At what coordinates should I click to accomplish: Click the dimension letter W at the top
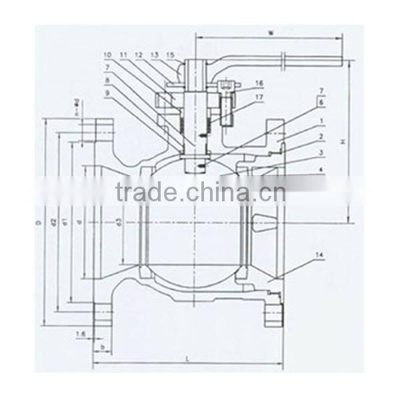tap(270, 31)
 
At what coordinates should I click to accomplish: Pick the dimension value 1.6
tap(81, 333)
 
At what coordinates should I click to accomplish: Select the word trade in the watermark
tap(146, 193)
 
